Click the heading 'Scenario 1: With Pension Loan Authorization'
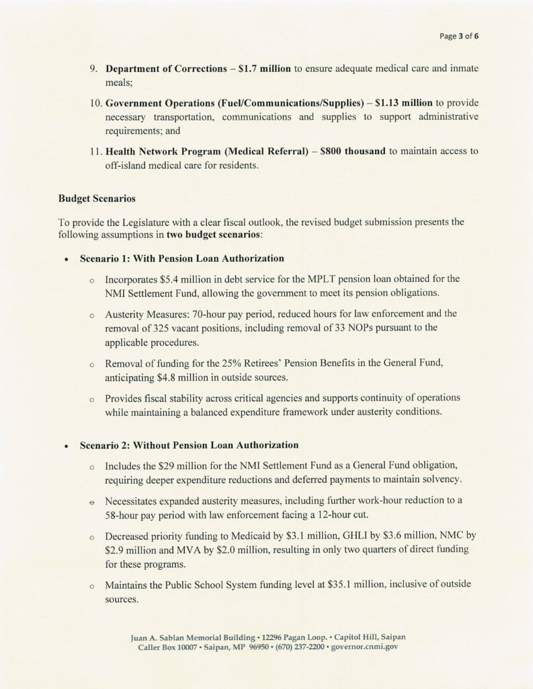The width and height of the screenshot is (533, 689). [x=181, y=258]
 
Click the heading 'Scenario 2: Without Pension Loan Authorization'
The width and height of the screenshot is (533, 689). [x=189, y=445]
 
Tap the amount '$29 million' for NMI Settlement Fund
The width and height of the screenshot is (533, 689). [x=184, y=466]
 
